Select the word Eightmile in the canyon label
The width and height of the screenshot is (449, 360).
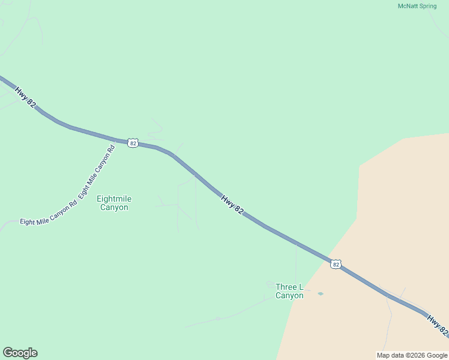114,199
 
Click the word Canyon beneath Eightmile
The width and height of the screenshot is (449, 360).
114,208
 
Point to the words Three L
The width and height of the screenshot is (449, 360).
289,287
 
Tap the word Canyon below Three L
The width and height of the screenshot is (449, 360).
289,295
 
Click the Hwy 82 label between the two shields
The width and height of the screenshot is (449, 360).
232,205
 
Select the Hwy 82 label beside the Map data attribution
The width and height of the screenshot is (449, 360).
438,323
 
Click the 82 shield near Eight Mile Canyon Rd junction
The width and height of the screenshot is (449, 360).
133,143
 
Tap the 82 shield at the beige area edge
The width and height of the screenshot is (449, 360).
336,264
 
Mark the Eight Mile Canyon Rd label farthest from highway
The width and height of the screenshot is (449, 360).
49,213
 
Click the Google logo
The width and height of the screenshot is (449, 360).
20,353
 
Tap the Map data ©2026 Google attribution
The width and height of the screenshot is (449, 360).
412,355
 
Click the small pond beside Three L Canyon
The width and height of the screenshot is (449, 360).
320,293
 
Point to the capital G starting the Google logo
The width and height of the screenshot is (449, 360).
8,353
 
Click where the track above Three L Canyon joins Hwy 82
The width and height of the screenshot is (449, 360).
296,244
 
